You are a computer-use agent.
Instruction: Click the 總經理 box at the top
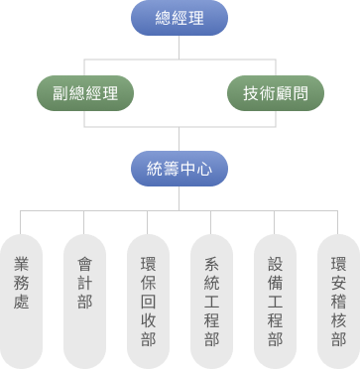180,19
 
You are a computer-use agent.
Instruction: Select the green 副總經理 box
84,94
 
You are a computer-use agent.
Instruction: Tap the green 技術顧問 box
275,94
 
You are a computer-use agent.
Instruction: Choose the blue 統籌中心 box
180,168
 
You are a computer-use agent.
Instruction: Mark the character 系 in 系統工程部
211,265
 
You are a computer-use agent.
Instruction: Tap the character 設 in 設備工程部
275,265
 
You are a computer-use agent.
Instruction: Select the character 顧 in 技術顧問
288,94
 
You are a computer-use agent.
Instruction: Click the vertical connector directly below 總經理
180,48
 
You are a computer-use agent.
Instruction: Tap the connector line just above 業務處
21,223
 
